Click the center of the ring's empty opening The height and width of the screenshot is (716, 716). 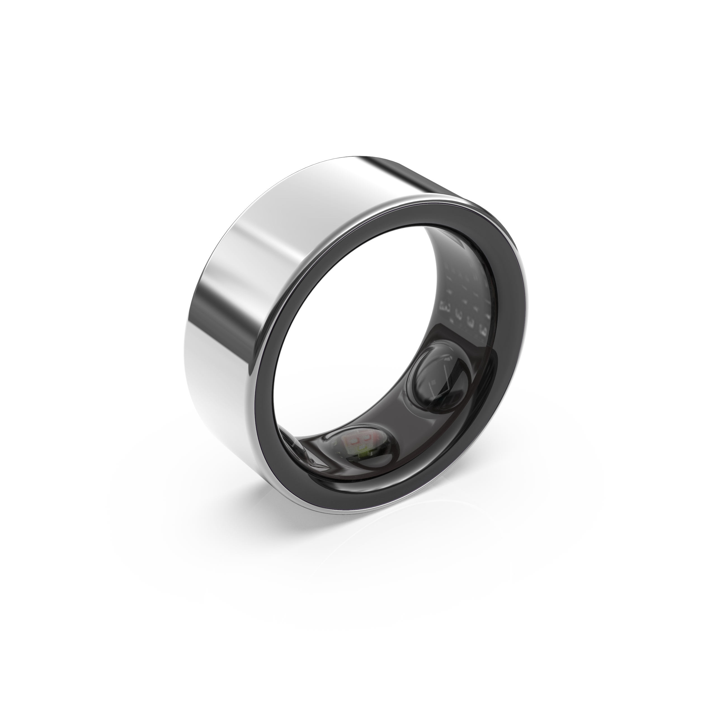356,334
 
